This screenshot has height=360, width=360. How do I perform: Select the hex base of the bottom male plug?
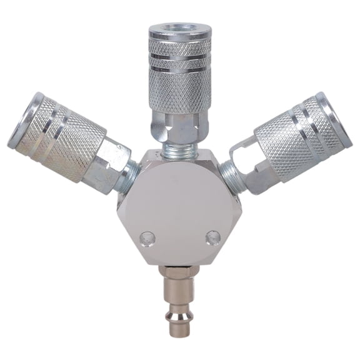pos(180,274)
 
